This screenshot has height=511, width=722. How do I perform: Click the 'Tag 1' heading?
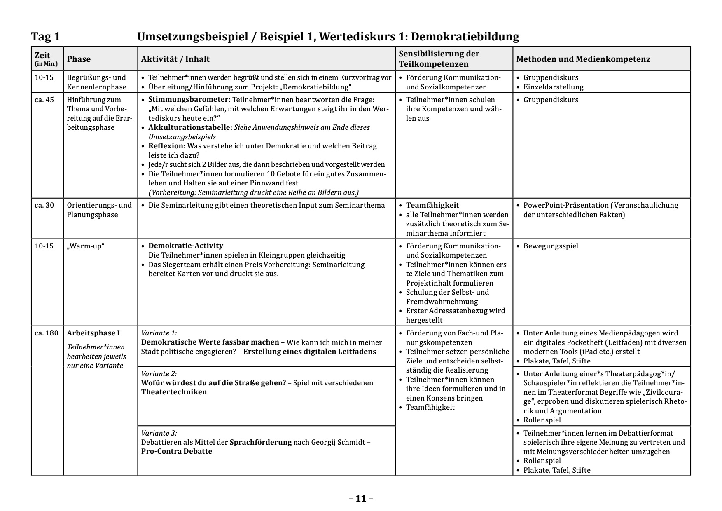46,37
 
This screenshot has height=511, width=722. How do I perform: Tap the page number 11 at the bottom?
361,499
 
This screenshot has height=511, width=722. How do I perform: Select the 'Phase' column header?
79,59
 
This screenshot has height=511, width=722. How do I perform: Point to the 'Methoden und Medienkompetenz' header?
583,59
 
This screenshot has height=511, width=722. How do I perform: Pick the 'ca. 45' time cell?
44,100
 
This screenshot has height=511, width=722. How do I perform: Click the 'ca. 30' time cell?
44,205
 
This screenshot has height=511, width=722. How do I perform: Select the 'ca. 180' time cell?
47,333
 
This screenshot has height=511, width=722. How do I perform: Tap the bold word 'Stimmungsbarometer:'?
189,100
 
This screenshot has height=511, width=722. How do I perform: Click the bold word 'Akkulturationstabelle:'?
190,127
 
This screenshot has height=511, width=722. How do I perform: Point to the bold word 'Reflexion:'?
166,146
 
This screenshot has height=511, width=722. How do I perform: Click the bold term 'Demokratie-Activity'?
186,246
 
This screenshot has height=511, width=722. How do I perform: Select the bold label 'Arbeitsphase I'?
93,333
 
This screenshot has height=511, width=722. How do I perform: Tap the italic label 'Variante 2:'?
159,374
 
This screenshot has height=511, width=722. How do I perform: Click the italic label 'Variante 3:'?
159,433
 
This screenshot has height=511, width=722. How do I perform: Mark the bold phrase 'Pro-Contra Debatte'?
177,451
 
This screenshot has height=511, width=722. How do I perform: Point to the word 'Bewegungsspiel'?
551,246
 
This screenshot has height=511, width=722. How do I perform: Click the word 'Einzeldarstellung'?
554,87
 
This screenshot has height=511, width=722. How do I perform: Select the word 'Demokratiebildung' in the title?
465,37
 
